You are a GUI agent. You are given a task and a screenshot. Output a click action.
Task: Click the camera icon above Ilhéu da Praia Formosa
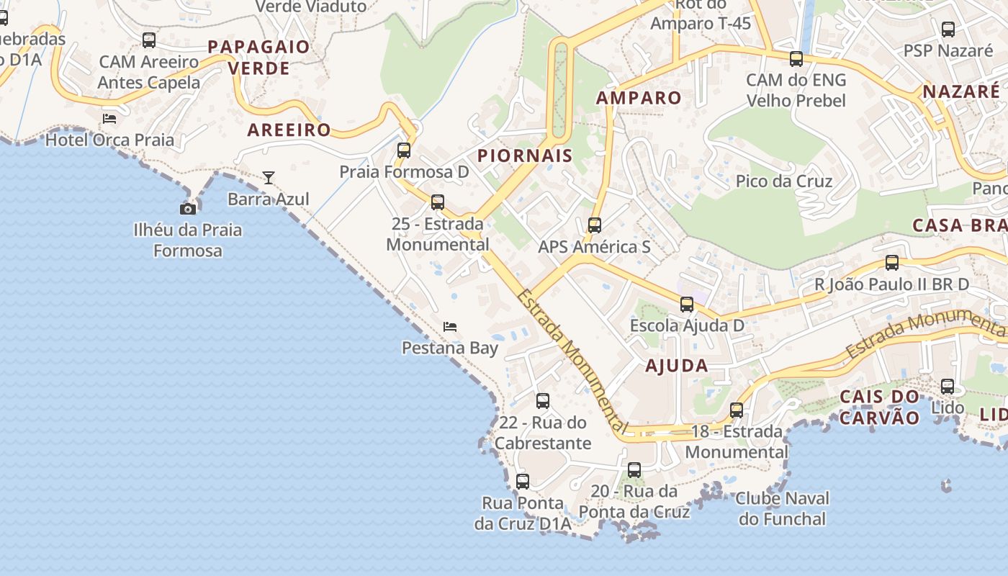[x=188, y=209]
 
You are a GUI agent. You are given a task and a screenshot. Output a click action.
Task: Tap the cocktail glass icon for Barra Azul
[x=269, y=177]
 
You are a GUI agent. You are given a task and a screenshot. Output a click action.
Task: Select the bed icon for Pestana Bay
[x=450, y=327]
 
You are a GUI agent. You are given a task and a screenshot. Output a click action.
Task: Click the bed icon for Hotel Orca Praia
[x=109, y=118]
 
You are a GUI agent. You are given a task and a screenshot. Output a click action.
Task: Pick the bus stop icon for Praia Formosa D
[x=404, y=150]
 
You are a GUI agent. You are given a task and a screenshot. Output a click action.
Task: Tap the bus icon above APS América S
[x=595, y=225]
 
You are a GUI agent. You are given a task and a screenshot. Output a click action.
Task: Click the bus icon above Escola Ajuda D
[x=687, y=304]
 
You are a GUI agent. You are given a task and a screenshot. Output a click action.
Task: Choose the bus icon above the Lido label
[x=948, y=387]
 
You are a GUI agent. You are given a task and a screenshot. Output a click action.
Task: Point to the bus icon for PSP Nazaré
[x=948, y=30]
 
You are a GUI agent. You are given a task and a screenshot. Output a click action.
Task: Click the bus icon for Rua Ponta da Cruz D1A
[x=523, y=481]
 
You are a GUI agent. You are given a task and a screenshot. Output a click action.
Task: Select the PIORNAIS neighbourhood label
[x=525, y=156]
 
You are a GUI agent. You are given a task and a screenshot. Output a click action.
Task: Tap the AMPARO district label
[x=639, y=98]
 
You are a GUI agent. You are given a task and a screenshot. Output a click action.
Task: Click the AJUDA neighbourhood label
[x=676, y=365]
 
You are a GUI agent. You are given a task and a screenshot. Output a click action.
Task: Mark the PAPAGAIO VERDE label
[x=258, y=58]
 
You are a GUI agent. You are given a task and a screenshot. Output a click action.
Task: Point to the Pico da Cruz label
[x=784, y=181]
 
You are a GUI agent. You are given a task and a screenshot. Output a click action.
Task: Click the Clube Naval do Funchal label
[x=782, y=508]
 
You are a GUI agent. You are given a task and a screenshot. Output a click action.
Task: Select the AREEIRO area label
[x=289, y=130]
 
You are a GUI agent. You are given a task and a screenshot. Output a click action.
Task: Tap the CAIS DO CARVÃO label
[x=880, y=407]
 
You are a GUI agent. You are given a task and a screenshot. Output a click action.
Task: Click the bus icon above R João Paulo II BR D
[x=892, y=263]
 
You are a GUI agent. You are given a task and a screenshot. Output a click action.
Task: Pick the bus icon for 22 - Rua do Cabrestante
[x=543, y=401]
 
